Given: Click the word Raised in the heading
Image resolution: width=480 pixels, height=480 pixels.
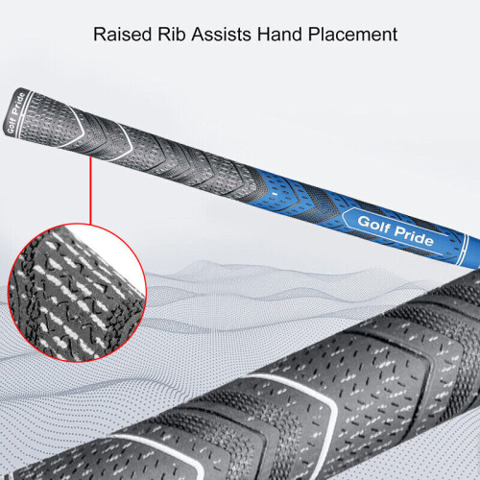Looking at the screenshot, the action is click(122, 35).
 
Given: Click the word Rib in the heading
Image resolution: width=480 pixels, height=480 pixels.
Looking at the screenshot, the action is click(172, 35).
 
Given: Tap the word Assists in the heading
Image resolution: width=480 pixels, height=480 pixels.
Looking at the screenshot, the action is click(221, 35).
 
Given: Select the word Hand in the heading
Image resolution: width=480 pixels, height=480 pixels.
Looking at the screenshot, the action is click(279, 35).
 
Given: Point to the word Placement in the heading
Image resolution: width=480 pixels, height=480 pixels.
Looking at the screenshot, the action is click(352, 35).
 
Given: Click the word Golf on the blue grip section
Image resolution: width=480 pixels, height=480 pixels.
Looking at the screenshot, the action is click(373, 223).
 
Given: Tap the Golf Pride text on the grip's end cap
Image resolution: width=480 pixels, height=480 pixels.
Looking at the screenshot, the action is click(15, 112).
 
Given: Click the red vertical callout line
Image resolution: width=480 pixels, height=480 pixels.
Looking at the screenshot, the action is click(90, 191).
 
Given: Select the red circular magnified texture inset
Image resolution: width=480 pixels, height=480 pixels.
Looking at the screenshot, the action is click(77, 293).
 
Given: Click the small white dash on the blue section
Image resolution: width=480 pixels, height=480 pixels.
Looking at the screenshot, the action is click(275, 194).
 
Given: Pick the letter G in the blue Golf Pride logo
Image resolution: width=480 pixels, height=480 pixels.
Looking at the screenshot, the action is click(364, 221).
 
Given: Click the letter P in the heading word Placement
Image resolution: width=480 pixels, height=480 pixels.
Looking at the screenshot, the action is click(313, 35).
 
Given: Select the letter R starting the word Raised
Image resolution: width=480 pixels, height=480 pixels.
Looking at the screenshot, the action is click(99, 35).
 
